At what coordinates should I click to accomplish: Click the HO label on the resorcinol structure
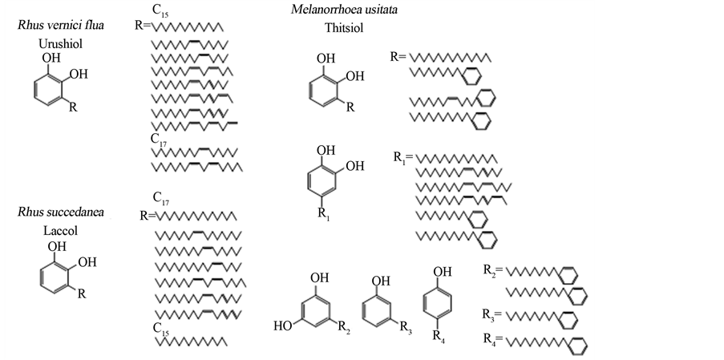pos(282,326)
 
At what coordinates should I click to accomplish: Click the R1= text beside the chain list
pos(402,158)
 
